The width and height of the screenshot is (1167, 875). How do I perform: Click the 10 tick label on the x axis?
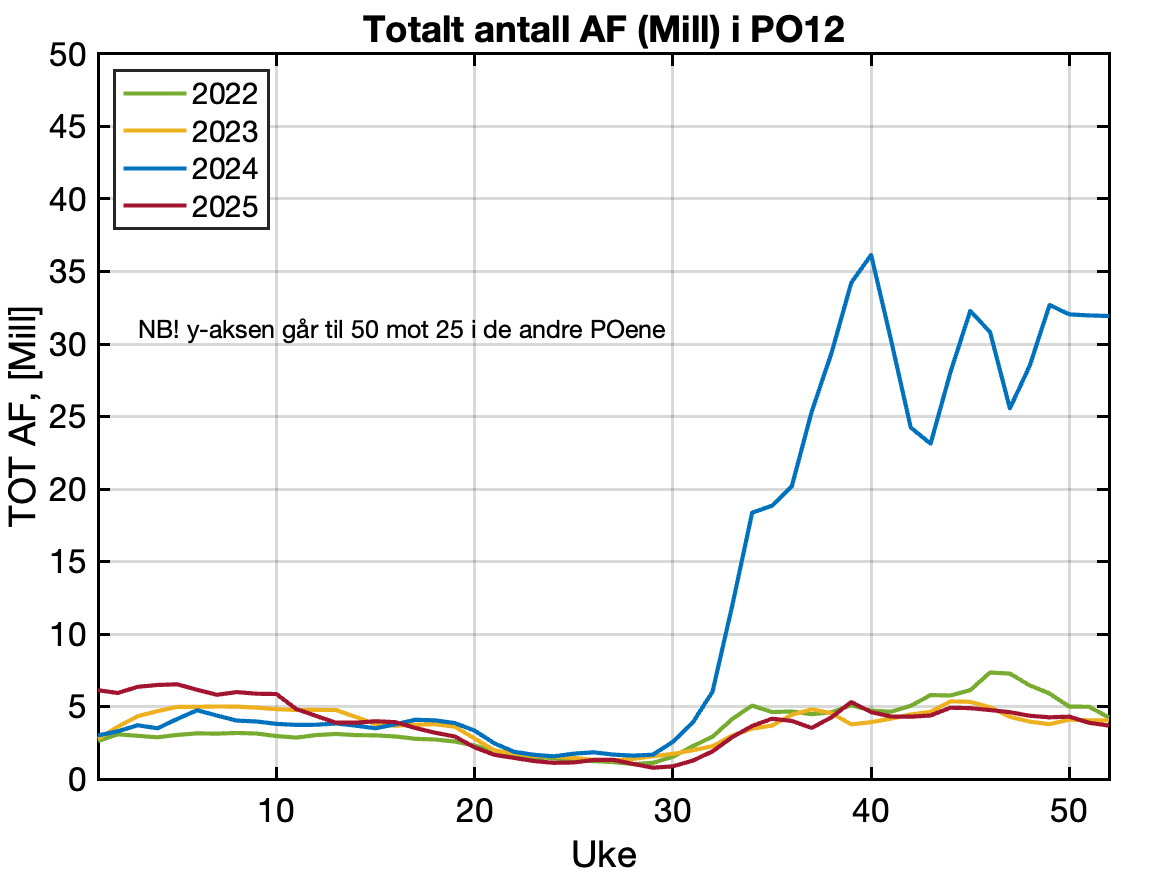coord(276,809)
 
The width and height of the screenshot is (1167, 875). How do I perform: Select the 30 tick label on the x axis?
coord(673,809)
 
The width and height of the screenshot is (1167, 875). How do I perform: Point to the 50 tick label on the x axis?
coord(1070,809)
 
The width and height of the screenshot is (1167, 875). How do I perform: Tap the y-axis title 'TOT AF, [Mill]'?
coord(26,418)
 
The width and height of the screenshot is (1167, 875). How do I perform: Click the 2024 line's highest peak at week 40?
coord(871,255)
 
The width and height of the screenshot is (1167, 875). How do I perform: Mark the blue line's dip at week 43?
coord(931,443)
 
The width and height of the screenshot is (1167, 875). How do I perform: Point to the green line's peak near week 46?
coord(990,672)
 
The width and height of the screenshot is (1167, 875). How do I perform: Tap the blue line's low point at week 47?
coord(1010,408)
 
